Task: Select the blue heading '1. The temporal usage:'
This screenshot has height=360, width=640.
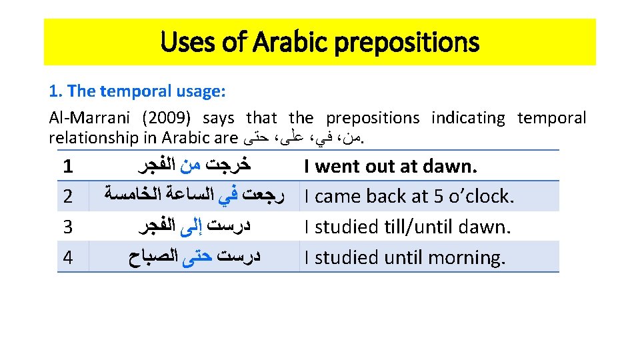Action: coord(137,91)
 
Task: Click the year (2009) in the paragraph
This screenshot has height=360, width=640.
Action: coord(166,118)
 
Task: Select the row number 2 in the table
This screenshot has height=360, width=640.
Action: coord(67,197)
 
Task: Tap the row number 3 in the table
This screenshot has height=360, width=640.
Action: coord(67,227)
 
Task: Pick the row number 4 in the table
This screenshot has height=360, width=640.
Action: coord(67,257)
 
